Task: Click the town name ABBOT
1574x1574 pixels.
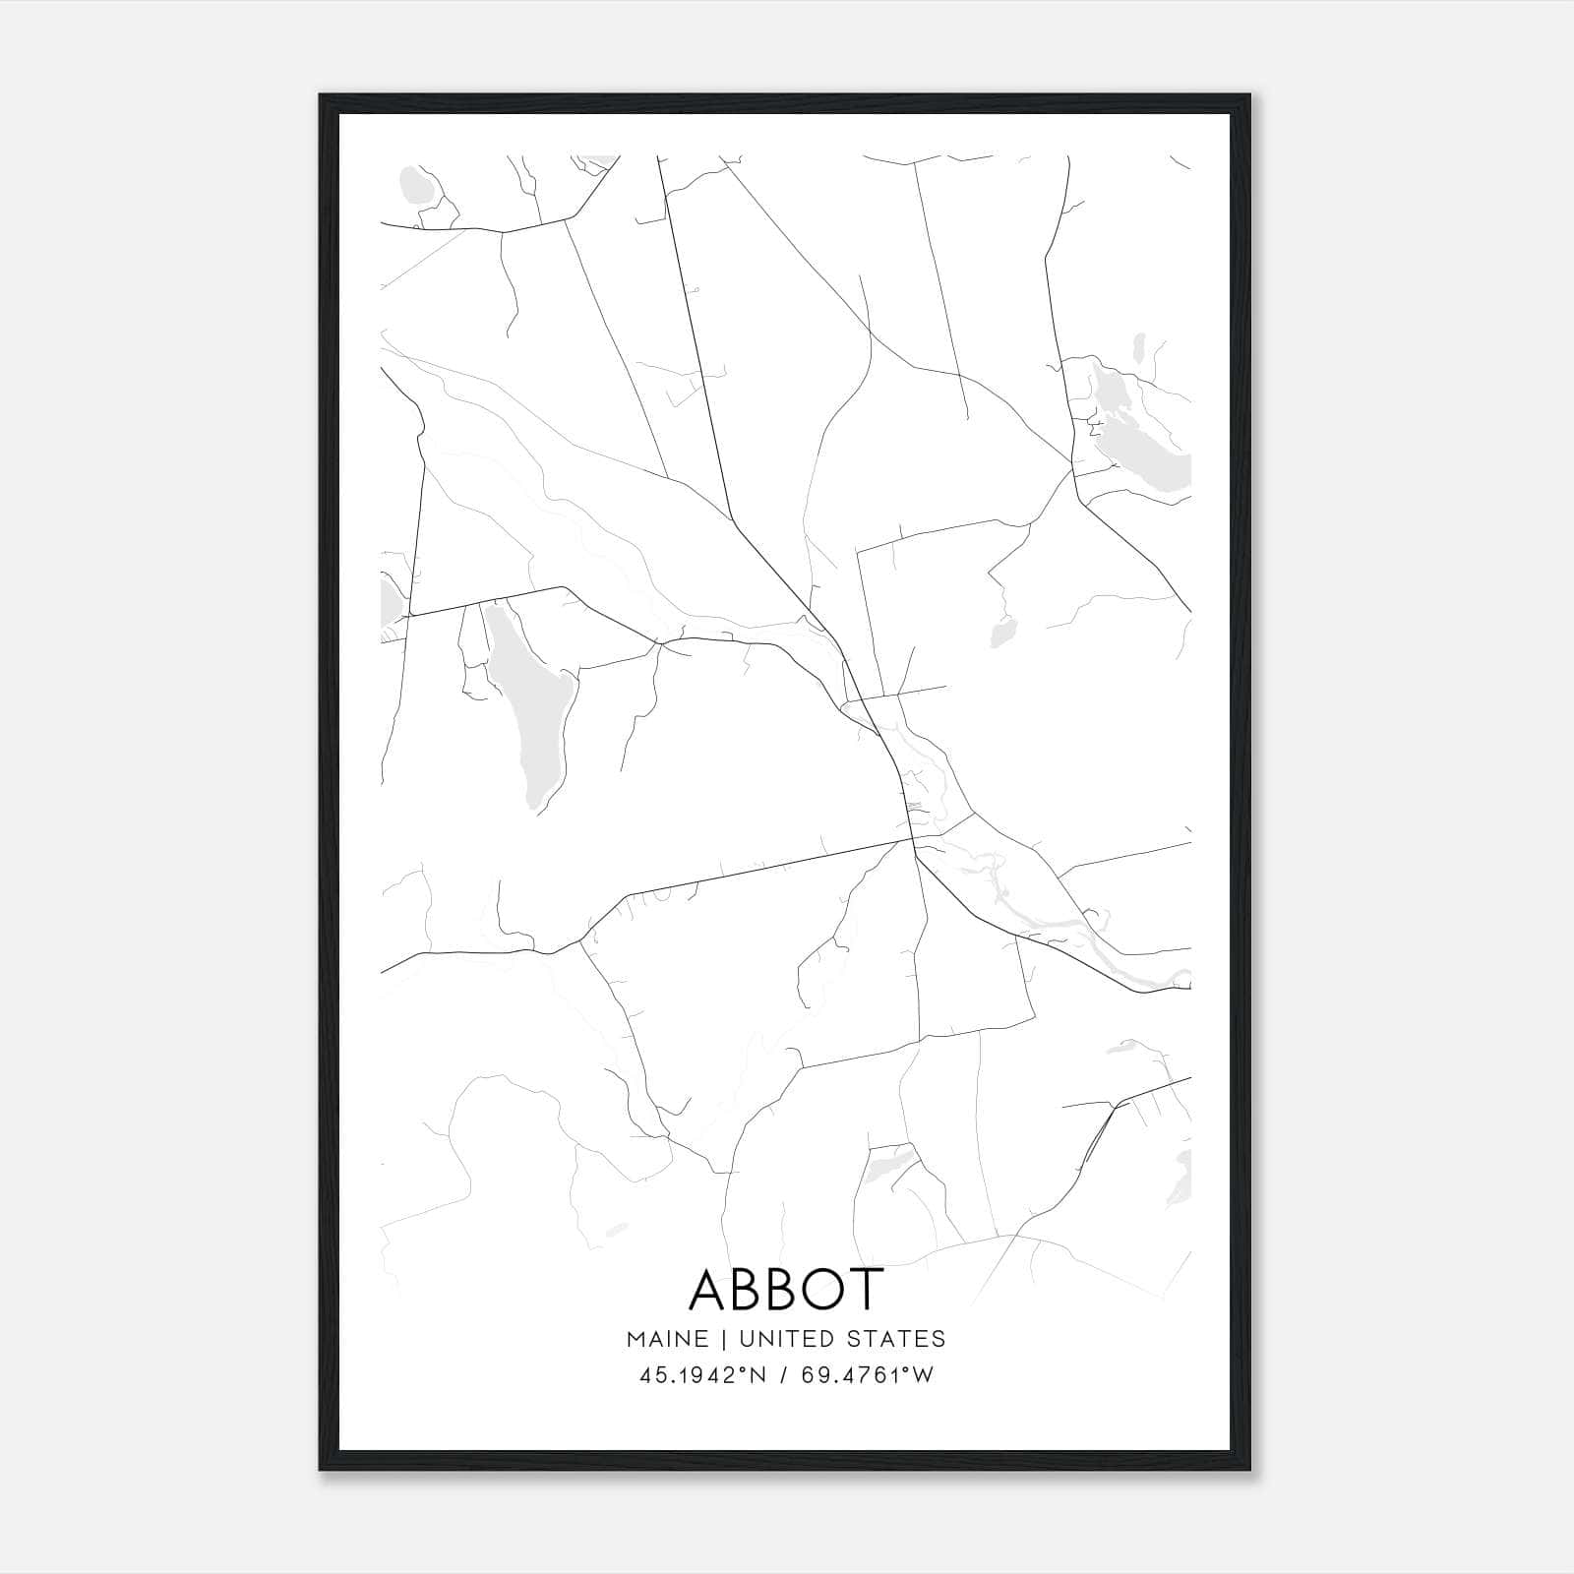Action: [786, 1289]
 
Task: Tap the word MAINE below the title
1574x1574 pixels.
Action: [667, 1338]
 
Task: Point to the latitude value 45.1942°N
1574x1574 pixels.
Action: [702, 1375]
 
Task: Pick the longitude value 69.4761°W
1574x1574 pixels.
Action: [869, 1375]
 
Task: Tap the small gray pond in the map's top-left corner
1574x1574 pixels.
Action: [415, 184]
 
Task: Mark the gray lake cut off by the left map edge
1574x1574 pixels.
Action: [390, 600]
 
